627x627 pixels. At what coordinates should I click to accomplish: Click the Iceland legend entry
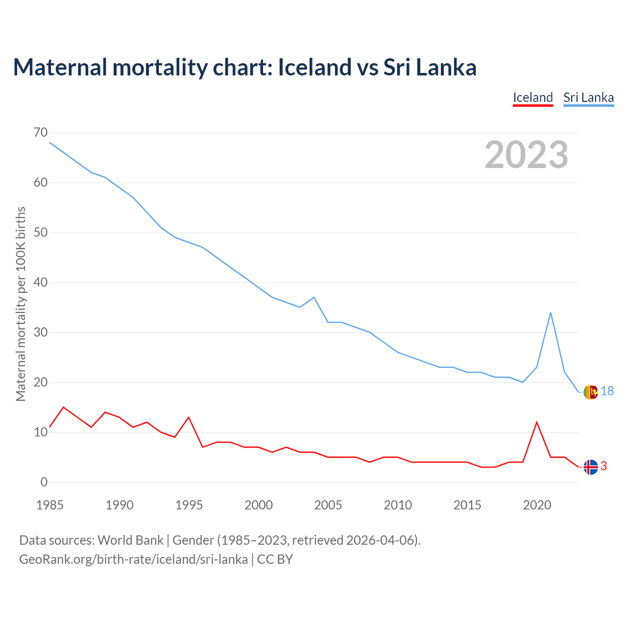(x=532, y=97)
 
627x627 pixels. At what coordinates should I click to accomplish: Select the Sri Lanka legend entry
(x=588, y=97)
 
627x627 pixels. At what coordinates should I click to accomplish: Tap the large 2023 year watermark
(x=526, y=155)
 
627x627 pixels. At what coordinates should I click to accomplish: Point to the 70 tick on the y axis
(x=41, y=132)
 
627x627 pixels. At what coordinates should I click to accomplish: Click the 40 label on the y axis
(x=41, y=282)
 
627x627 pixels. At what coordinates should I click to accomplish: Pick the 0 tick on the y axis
(x=45, y=482)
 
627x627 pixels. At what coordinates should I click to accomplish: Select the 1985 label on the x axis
(x=50, y=505)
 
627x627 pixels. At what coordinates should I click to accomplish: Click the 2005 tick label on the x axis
(x=328, y=505)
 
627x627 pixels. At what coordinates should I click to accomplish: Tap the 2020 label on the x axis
(x=537, y=505)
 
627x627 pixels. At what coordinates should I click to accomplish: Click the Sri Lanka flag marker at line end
(x=591, y=392)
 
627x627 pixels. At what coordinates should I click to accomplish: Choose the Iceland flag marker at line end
(x=591, y=467)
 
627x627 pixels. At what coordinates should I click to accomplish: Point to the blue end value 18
(x=607, y=391)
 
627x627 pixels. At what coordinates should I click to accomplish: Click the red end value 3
(x=603, y=466)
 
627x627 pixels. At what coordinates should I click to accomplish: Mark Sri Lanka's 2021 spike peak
(x=551, y=313)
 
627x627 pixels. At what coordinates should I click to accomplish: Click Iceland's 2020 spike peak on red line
(x=537, y=422)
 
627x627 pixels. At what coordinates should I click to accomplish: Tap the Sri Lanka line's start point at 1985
(x=50, y=143)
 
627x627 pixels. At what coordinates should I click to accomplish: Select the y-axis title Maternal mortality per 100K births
(x=21, y=304)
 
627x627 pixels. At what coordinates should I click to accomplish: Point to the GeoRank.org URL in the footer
(x=133, y=559)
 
